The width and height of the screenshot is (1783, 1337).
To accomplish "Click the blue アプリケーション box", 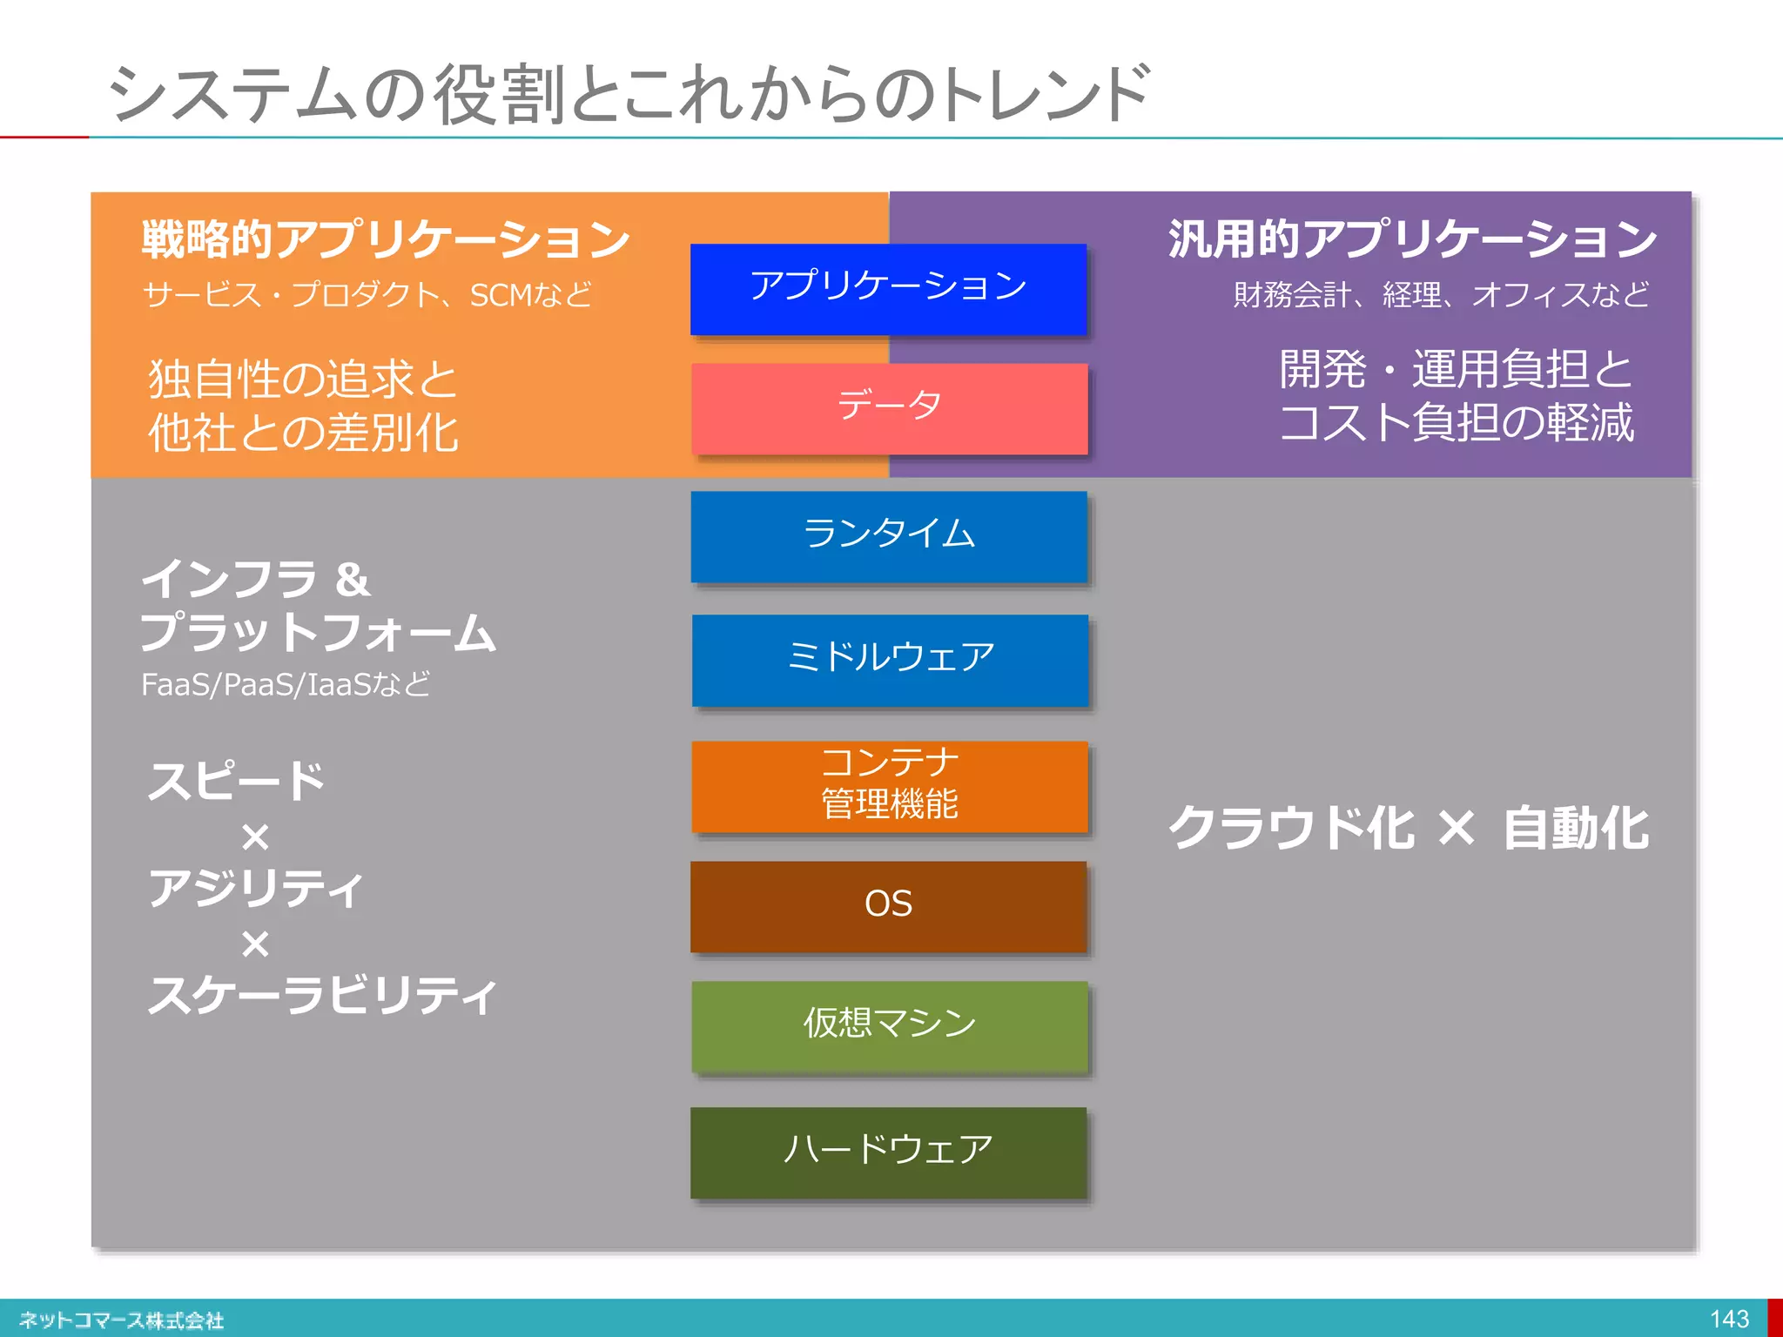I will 888,289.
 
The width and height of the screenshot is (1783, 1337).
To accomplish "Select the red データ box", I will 889,408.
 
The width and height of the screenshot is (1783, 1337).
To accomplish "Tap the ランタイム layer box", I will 889,536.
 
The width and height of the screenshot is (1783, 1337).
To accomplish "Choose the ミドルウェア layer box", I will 890,660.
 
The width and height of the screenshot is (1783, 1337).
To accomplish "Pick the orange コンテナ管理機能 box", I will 889,786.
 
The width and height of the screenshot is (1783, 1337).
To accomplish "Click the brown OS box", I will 888,906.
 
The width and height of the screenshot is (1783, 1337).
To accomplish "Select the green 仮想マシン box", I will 889,1026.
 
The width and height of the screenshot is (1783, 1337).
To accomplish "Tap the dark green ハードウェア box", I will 888,1152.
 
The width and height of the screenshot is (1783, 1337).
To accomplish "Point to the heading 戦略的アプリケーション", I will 385,239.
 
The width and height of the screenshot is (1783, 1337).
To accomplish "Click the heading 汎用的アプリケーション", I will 1411,239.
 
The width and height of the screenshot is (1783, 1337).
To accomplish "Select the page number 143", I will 1729,1320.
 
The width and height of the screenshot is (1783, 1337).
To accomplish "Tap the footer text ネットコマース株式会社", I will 121,1320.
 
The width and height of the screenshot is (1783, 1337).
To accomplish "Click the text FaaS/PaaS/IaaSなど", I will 286,685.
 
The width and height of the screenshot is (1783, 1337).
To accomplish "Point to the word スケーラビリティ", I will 322,996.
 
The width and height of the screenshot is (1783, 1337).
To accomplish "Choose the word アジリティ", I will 256,889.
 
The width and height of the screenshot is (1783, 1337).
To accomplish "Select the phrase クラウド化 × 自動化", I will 1408,828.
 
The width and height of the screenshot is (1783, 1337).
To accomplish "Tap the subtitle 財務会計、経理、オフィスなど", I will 1441,295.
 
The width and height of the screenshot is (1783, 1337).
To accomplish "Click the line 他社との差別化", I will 303,433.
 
